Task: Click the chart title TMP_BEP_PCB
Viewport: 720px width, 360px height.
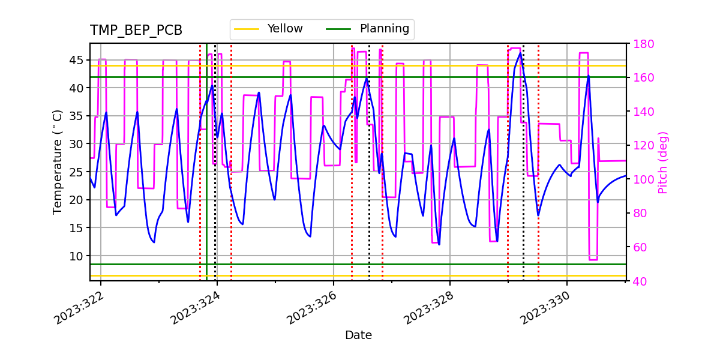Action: (x=136, y=31)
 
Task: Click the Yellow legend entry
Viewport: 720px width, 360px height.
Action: (x=284, y=29)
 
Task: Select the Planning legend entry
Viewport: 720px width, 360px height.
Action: (x=384, y=29)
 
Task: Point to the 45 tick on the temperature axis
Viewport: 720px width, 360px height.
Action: (x=76, y=60)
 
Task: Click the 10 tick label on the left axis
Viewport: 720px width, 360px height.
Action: (x=76, y=256)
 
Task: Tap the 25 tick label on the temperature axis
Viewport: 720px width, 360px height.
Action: (x=76, y=172)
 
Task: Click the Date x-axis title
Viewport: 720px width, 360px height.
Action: (x=358, y=335)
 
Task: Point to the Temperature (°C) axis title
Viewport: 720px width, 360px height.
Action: (x=58, y=162)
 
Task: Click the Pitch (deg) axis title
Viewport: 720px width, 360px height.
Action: (x=663, y=162)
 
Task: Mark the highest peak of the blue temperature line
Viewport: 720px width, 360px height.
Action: (x=520, y=53)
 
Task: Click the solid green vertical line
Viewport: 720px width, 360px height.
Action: (x=206, y=180)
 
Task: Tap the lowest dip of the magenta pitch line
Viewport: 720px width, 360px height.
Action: (x=593, y=259)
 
